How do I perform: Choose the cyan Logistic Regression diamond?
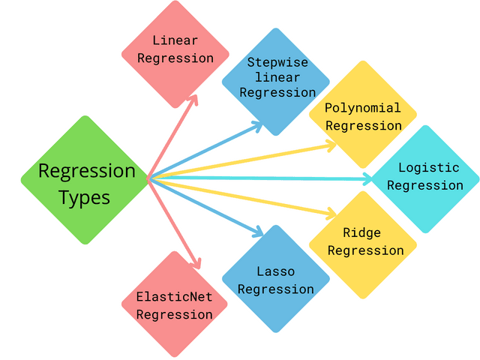pos(425,178)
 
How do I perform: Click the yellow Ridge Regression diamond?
pos(363,244)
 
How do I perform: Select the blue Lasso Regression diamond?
pos(276,279)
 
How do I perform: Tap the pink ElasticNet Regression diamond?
pos(175,304)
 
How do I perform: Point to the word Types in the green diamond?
pos(85,198)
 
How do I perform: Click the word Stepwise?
pos(277,63)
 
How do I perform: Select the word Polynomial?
pos(363,108)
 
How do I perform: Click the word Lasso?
pos(276,271)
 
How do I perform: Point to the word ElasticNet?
pos(175,296)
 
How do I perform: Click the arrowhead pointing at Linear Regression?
pos(193,98)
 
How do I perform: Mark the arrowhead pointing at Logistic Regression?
pos(367,178)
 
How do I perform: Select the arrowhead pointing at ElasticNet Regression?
pos(197,263)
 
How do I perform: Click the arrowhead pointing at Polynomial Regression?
pos(332,144)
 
